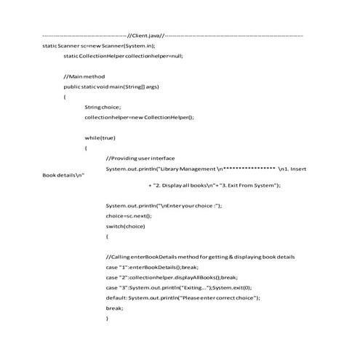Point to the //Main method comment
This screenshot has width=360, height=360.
(x=84, y=76)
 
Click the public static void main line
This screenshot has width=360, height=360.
(x=111, y=86)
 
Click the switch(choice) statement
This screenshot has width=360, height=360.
(x=126, y=226)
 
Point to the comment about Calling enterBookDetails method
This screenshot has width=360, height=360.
(x=200, y=257)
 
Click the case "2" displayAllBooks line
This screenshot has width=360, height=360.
(x=172, y=277)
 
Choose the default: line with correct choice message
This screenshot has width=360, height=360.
(x=183, y=297)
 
